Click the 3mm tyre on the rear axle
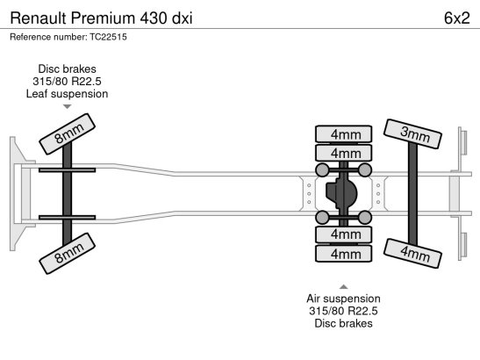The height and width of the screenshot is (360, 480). tap(412, 133)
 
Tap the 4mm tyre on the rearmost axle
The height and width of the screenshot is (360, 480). tap(412, 253)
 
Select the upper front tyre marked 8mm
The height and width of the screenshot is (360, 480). tap(68, 133)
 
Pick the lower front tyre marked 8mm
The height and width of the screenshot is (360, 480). tap(68, 254)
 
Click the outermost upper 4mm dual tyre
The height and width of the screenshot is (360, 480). tap(343, 133)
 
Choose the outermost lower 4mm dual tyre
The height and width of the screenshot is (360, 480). tap(343, 254)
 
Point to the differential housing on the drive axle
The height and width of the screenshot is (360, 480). tap(341, 194)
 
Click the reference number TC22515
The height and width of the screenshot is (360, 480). tap(108, 37)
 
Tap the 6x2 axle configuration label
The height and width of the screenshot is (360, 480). tap(456, 18)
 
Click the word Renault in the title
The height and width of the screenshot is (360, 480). tap(38, 18)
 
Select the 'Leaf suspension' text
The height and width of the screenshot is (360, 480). tap(67, 94)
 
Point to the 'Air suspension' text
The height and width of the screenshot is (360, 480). tap(343, 299)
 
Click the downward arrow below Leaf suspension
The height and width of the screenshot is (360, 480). tap(67, 106)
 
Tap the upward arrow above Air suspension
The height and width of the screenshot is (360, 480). tap(343, 287)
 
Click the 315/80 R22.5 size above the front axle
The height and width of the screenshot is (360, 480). tap(67, 82)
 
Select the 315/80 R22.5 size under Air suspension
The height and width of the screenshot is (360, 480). tap(343, 311)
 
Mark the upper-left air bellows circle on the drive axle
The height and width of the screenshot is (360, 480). tap(322, 169)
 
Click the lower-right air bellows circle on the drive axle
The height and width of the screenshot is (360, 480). tap(364, 217)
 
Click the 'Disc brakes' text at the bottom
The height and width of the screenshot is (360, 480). tap(343, 323)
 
